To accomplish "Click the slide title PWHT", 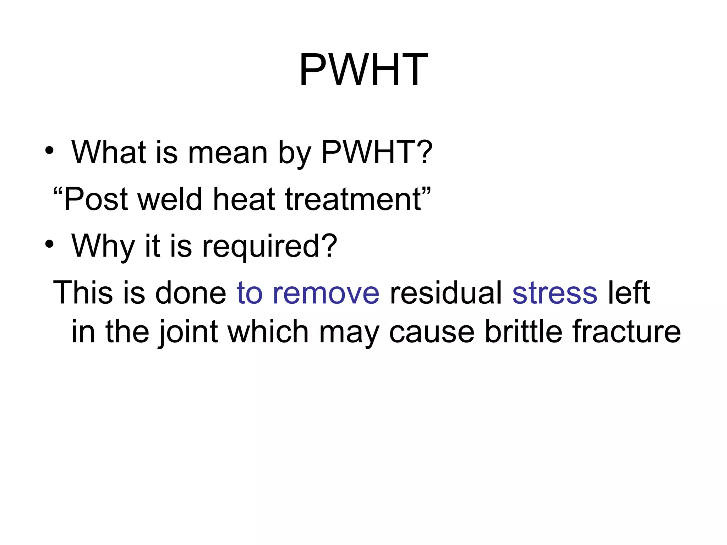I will [x=363, y=70].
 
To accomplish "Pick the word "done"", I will [x=191, y=293].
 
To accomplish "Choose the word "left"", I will [x=629, y=293].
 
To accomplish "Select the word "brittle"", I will [x=523, y=331].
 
